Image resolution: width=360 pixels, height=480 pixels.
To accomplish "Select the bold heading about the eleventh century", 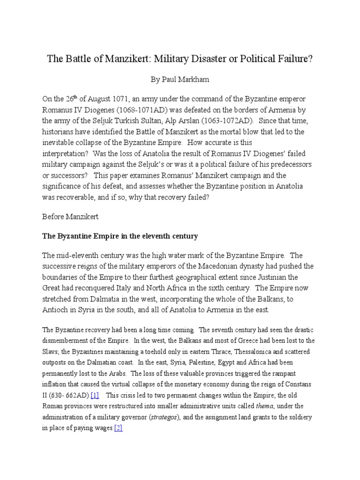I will [x=120, y=236].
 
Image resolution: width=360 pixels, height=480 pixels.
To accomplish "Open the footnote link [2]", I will [x=118, y=428].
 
